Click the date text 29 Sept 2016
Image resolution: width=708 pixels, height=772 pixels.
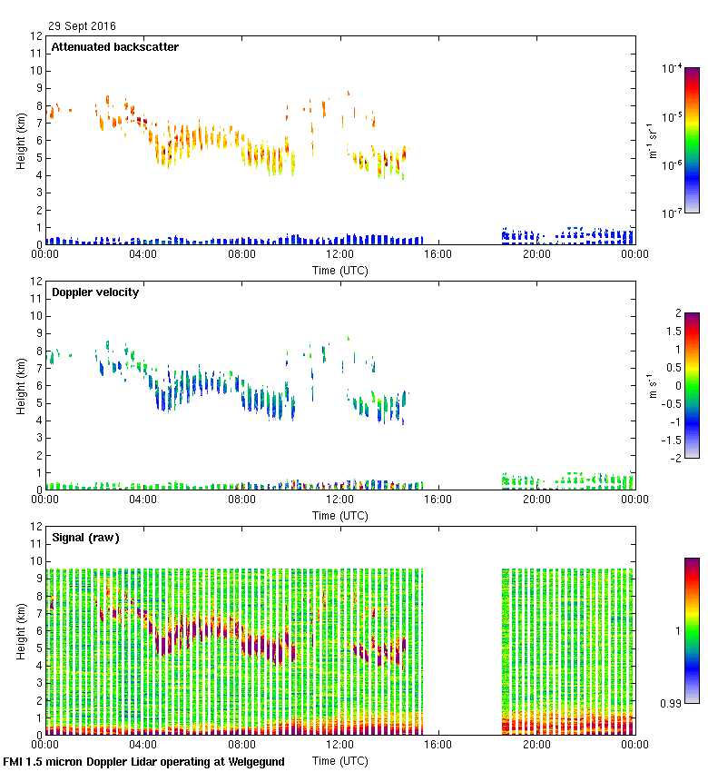coord(83,26)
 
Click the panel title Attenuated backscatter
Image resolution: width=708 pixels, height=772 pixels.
coord(114,46)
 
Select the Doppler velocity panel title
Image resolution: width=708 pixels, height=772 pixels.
coord(95,292)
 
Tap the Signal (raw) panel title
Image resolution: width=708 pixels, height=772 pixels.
coord(85,537)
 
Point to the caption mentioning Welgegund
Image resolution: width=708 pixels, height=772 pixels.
coord(143,762)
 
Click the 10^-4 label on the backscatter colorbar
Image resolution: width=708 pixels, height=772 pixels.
coord(672,68)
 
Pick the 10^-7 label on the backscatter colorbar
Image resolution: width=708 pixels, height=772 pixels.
coord(672,213)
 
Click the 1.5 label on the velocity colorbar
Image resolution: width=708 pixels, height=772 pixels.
coord(673,332)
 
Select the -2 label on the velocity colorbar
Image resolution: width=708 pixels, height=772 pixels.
coord(676,458)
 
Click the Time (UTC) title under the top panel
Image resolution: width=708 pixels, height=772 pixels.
coord(340,270)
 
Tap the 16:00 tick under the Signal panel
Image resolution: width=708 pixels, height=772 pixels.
coord(438,745)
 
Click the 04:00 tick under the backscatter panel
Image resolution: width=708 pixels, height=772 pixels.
coord(143,254)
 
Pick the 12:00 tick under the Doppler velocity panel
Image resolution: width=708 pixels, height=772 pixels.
coord(340,500)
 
